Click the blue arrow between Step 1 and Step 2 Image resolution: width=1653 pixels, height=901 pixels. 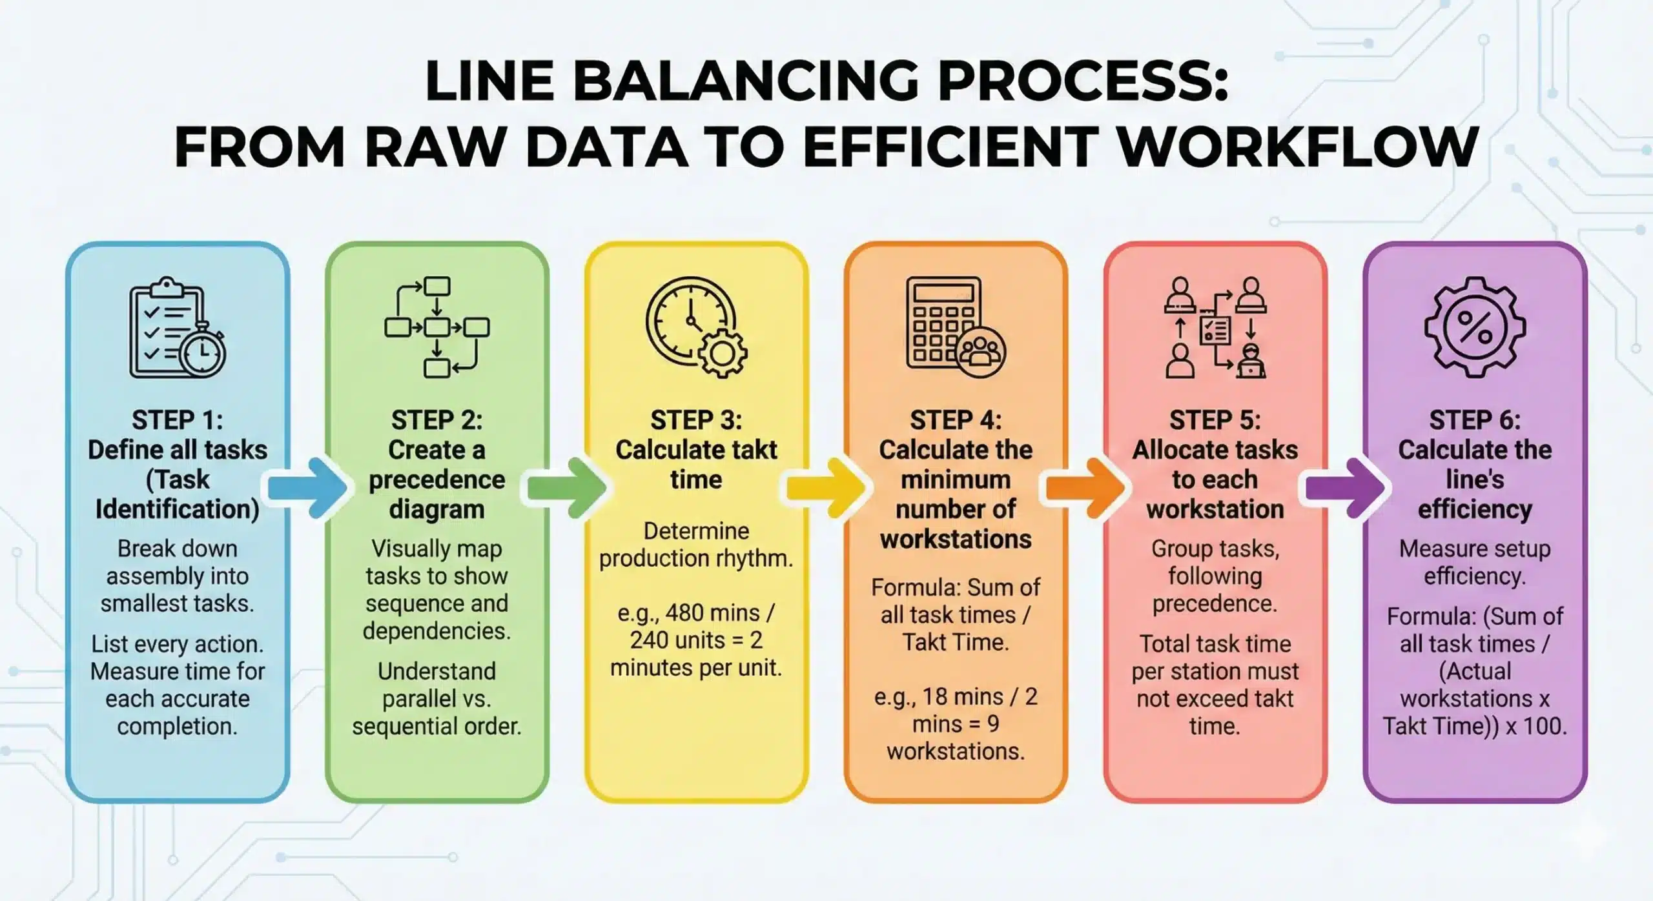pos(307,489)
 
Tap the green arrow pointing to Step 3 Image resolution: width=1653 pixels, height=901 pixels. pos(567,489)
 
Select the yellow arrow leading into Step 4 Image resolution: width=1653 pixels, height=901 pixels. pos(825,489)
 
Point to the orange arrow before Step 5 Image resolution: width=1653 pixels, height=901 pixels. pos(1085,489)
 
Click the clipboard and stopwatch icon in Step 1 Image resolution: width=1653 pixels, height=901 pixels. pos(177,328)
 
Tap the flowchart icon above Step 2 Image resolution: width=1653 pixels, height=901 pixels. pos(436,327)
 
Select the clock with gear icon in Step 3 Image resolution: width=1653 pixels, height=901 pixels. pos(696,327)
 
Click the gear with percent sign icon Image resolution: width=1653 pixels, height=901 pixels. pos(1475,327)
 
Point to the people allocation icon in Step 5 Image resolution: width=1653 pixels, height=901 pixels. pos(1215,327)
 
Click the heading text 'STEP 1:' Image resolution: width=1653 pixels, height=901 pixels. pos(178,420)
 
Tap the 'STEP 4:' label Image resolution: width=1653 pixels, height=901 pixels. pos(956,420)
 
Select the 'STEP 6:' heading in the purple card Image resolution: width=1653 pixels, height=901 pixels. pos(1475,420)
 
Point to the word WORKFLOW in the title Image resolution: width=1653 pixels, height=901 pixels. pos(1299,147)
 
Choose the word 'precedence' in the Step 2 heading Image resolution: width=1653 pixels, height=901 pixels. pos(437,480)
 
